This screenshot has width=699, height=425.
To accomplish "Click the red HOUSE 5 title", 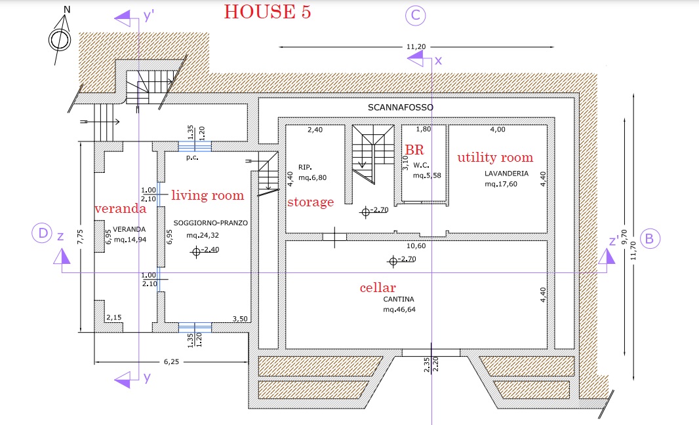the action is pyautogui.click(x=268, y=12).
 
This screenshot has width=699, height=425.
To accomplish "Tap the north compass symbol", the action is pyautogui.click(x=60, y=39).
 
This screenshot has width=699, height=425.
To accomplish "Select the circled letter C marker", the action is pyautogui.click(x=416, y=15).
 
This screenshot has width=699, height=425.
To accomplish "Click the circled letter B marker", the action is pyautogui.click(x=650, y=238).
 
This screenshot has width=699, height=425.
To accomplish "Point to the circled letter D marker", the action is pyautogui.click(x=43, y=233).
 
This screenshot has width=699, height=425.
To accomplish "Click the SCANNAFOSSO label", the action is pyautogui.click(x=401, y=107).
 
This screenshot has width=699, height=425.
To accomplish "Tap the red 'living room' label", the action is pyautogui.click(x=208, y=195).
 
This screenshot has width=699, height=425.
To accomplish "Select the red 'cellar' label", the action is pyautogui.click(x=378, y=287).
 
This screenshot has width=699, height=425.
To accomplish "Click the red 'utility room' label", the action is pyautogui.click(x=495, y=157).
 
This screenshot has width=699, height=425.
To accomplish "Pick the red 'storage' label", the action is pyautogui.click(x=310, y=202).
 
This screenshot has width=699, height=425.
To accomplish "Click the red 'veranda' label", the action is pyautogui.click(x=121, y=208).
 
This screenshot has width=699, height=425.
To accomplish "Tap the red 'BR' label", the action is pyautogui.click(x=414, y=149).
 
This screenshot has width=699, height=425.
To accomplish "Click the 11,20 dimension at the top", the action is pyautogui.click(x=416, y=46).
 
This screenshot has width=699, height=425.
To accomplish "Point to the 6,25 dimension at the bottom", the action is pyautogui.click(x=171, y=361).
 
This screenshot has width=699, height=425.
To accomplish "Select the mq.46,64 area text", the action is pyautogui.click(x=399, y=309).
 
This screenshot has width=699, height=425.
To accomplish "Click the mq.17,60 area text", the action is pyautogui.click(x=501, y=184).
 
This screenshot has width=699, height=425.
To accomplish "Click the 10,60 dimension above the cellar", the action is pyautogui.click(x=416, y=246).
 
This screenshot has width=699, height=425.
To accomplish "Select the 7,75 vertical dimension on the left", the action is pyautogui.click(x=80, y=236).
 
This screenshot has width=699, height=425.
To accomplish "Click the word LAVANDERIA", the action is pyautogui.click(x=506, y=174).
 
